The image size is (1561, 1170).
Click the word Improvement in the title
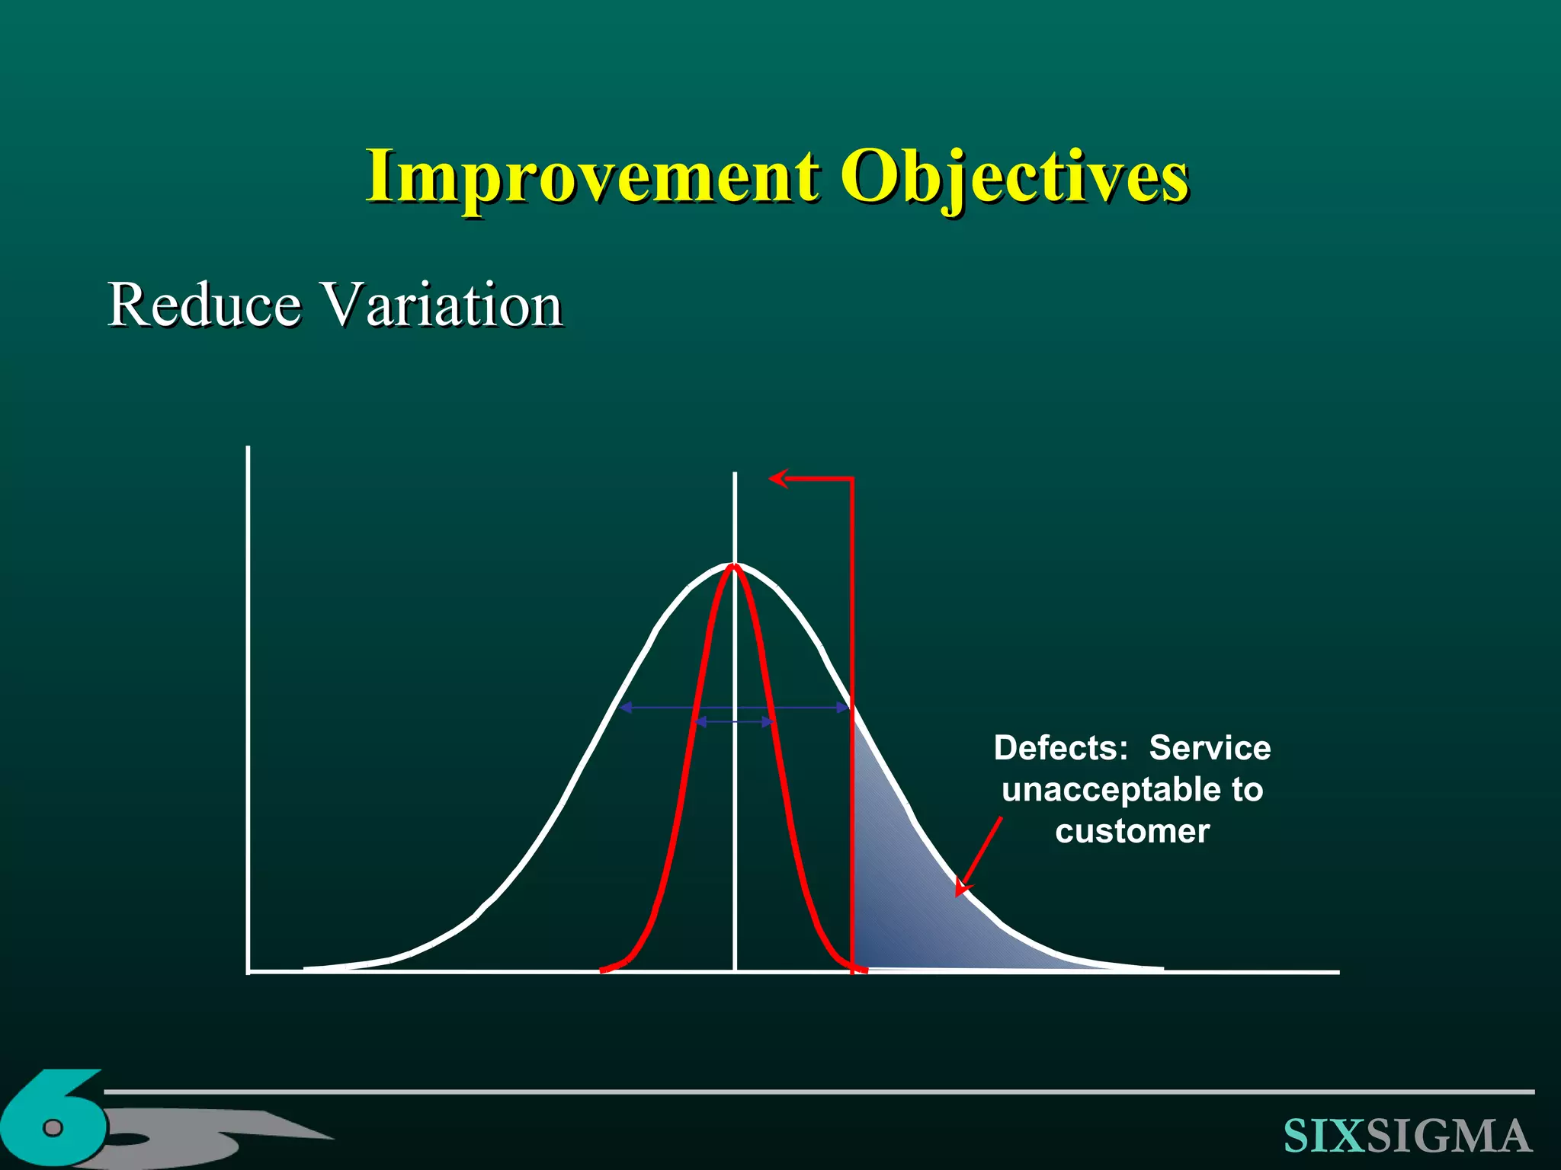coord(591,177)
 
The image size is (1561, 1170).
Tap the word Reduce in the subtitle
coord(204,305)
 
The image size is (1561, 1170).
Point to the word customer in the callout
coord(1132,831)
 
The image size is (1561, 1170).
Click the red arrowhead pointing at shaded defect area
coord(963,888)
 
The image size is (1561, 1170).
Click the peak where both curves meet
coord(735,565)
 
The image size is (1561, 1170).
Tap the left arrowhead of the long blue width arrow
coord(624,708)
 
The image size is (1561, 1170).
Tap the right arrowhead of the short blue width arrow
coord(769,721)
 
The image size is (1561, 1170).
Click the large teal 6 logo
coord(53,1120)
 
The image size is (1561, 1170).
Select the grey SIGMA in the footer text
coord(1448,1136)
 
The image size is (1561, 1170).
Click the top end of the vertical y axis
coord(248,449)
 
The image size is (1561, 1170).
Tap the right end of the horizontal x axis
coord(1337,972)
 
